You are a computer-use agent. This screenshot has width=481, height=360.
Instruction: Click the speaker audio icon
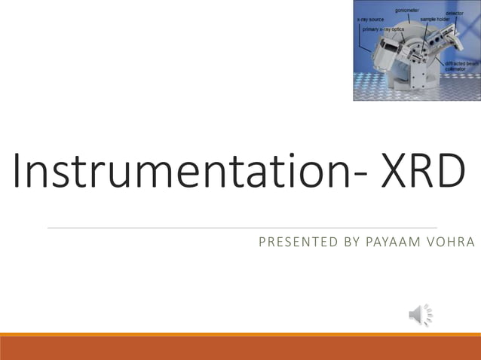pos(421,314)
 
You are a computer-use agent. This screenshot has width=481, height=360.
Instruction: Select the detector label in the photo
pos(455,13)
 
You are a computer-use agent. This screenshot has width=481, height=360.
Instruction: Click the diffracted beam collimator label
pos(461,66)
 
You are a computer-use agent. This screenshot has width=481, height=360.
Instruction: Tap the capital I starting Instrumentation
pos(17,172)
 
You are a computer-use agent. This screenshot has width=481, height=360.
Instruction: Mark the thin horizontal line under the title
pos(241,227)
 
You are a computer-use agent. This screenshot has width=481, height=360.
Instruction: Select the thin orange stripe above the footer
pos(240,334)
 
